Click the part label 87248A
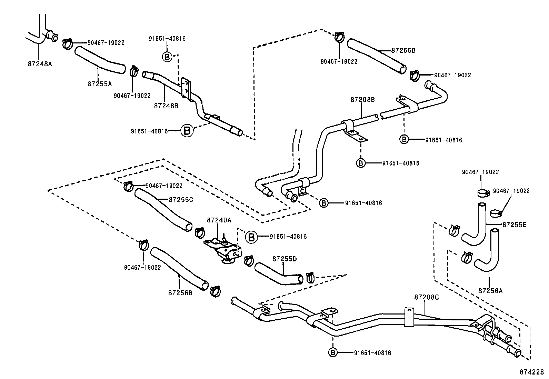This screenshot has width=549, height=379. pyautogui.click(x=40, y=64)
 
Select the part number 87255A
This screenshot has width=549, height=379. pyautogui.click(x=100, y=83)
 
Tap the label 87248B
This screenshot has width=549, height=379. pyautogui.click(x=166, y=106)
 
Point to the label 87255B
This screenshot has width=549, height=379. pyautogui.click(x=403, y=50)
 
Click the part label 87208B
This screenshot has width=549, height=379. pyautogui.click(x=362, y=100)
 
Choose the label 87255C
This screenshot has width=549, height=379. pyautogui.click(x=181, y=199)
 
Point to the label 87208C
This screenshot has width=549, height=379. pyautogui.click(x=427, y=297)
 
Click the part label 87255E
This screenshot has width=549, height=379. pyautogui.click(x=514, y=225)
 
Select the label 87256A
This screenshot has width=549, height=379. pyautogui.click(x=490, y=290)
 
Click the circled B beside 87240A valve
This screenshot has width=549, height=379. pyautogui.click(x=251, y=237)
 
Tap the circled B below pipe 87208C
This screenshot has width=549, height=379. pyautogui.click(x=333, y=352)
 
